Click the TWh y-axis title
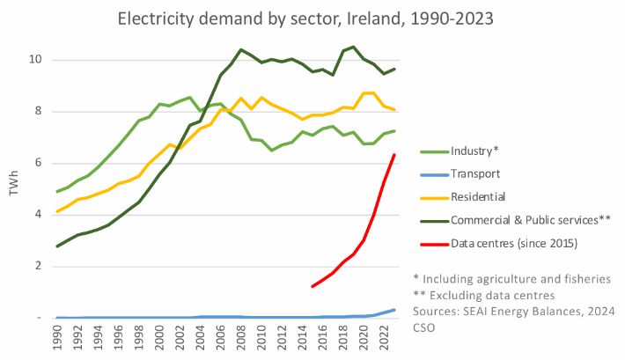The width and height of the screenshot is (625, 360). (x=15, y=187)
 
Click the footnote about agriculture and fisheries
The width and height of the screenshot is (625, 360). (x=511, y=278)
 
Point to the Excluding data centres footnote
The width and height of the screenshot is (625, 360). (x=492, y=295)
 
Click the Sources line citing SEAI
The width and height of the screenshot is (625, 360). (x=514, y=312)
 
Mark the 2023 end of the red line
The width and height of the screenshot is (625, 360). (x=393, y=155)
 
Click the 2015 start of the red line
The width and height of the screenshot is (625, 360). (x=312, y=286)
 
